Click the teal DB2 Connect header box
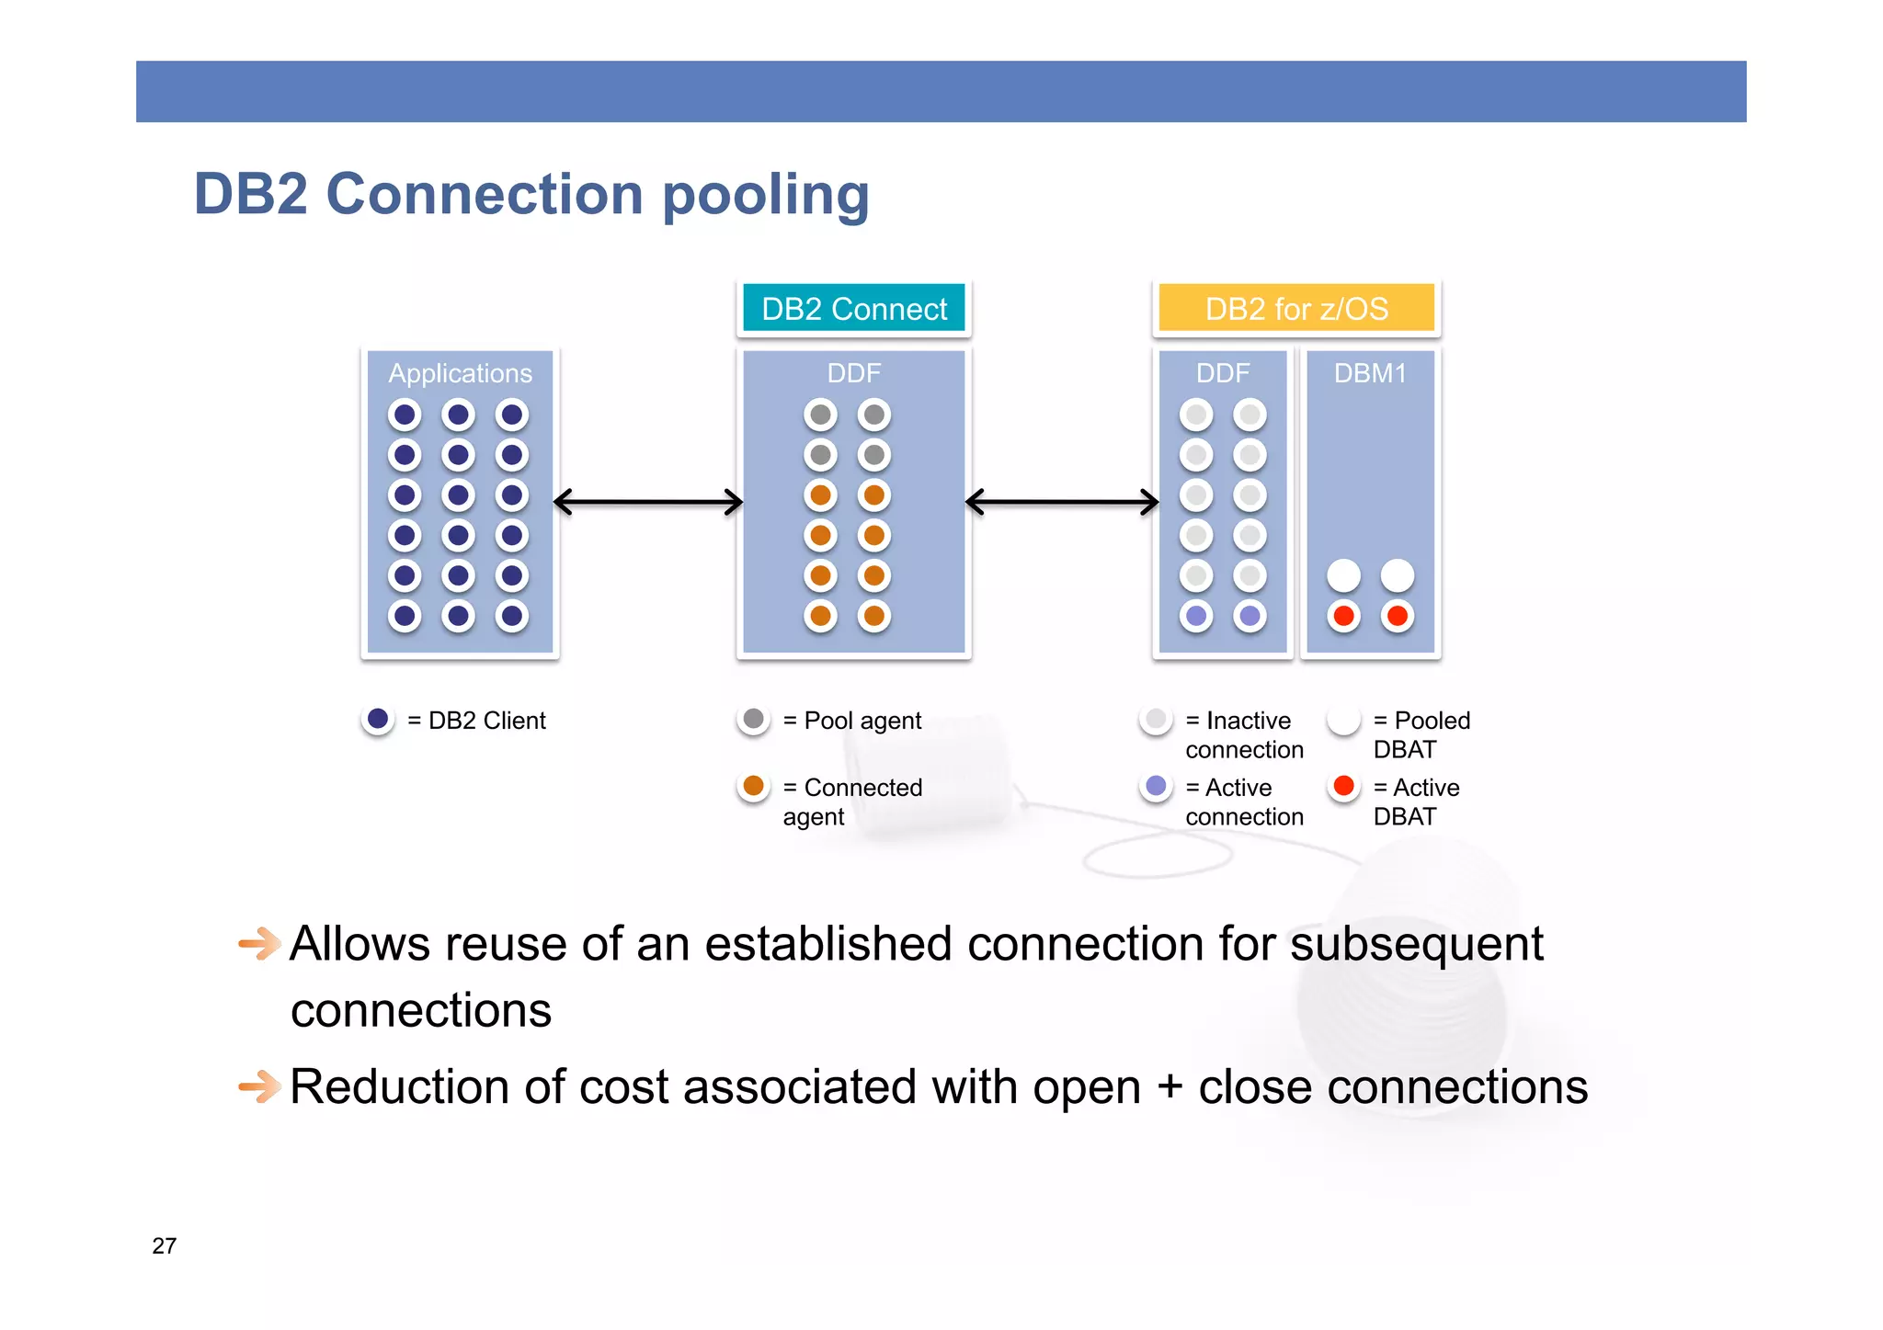(x=853, y=309)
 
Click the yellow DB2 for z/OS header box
(x=1295, y=309)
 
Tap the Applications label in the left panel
(x=460, y=373)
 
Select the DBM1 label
(x=1370, y=373)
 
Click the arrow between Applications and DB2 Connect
(x=648, y=502)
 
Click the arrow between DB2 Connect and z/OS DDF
(x=1062, y=502)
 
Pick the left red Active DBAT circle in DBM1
(x=1343, y=616)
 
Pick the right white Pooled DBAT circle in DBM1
(x=1398, y=575)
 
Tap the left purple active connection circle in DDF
(x=1196, y=616)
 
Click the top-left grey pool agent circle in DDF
(x=820, y=415)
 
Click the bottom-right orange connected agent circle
(x=874, y=616)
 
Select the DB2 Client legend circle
(x=378, y=719)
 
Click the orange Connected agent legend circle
(x=753, y=787)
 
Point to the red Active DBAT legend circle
(x=1343, y=786)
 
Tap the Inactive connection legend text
(x=1244, y=734)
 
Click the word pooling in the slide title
(x=765, y=195)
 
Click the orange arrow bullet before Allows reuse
(x=259, y=943)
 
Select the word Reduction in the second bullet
(x=399, y=1086)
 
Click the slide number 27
(x=164, y=1245)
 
